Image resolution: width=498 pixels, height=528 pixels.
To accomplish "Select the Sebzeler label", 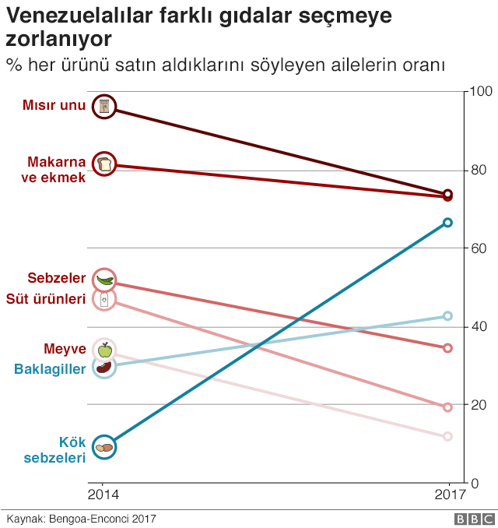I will (x=56, y=278).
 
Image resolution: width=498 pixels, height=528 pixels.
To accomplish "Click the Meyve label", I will (x=64, y=348).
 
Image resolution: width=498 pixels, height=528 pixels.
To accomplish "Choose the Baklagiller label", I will (x=50, y=369).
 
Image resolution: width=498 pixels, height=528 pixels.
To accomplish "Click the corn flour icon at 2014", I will (x=104, y=107).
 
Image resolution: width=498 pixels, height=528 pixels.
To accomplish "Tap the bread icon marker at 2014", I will (x=104, y=164).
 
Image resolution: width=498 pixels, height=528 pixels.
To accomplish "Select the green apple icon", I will (x=104, y=350).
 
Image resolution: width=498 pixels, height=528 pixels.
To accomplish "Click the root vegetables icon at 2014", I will (x=104, y=447).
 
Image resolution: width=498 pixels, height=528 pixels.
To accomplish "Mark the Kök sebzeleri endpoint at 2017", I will (x=447, y=223).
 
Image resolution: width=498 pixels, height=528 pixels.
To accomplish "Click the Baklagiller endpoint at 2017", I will (x=447, y=316).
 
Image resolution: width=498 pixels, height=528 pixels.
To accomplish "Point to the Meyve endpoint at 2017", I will (x=447, y=437).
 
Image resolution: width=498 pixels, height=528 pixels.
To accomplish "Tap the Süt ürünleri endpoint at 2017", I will (x=447, y=407).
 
